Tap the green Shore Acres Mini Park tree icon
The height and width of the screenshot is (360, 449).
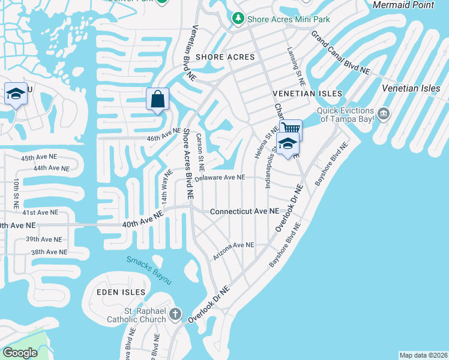point(238,19)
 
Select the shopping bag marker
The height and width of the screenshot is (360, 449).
point(157,100)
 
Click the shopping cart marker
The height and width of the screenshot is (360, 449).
point(291,128)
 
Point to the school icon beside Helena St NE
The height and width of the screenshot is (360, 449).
point(288,144)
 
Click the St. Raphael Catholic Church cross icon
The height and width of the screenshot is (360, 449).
point(175,314)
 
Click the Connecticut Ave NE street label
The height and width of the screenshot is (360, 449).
point(244,212)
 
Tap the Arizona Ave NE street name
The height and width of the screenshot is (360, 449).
point(234,245)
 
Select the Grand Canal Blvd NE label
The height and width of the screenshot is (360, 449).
point(340,52)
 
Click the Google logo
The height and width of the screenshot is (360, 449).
point(20,353)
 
